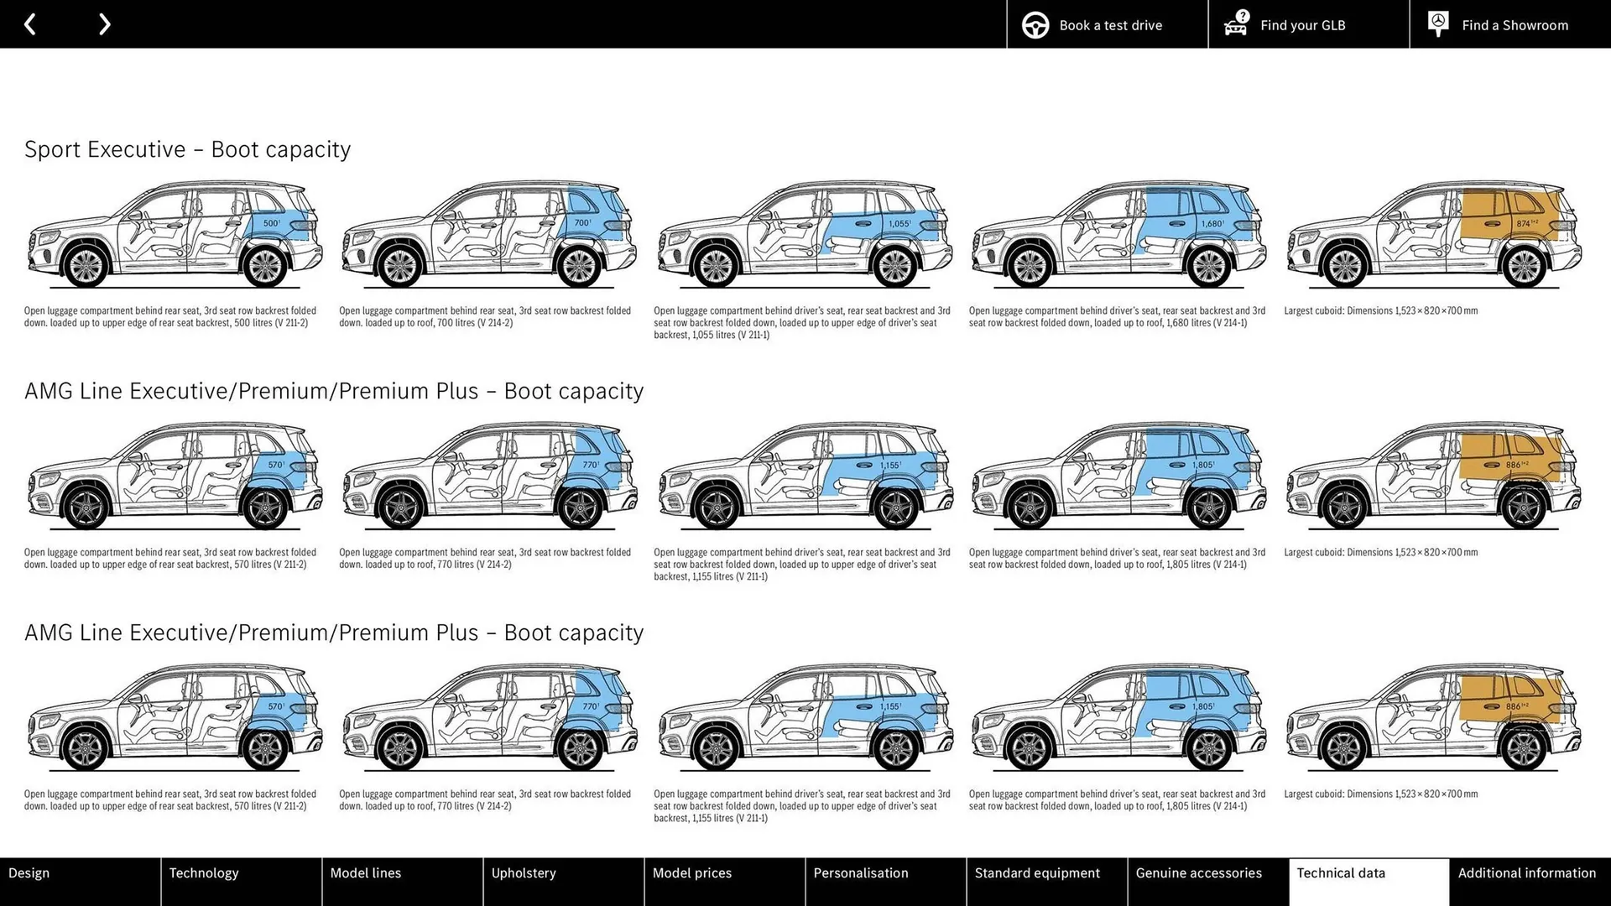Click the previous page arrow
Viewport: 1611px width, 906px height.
(30, 24)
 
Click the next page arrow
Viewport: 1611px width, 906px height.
(104, 24)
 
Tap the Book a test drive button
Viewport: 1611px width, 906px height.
(1107, 24)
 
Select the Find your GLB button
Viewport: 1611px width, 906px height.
(1308, 24)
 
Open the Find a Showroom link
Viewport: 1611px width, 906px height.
(1509, 24)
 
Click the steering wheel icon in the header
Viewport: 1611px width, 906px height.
(1035, 25)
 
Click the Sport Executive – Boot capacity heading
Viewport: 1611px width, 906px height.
(187, 149)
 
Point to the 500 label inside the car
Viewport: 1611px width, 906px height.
(272, 223)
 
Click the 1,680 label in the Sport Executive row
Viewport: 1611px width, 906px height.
(1212, 224)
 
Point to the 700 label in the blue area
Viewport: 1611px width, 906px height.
(582, 223)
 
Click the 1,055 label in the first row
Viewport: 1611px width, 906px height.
(899, 224)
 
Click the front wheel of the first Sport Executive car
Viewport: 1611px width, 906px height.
(86, 266)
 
